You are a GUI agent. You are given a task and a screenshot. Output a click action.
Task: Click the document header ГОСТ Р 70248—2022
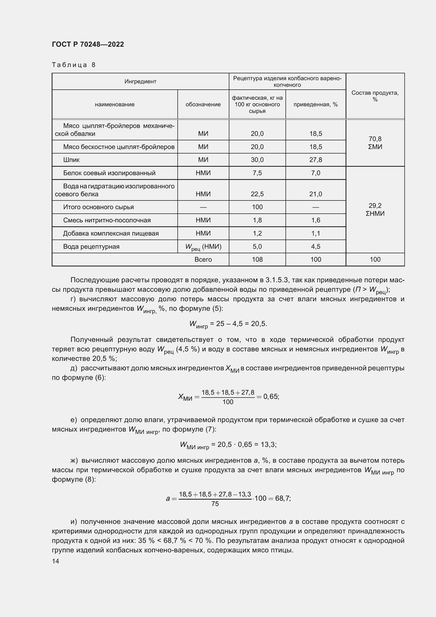pyautogui.click(x=88, y=44)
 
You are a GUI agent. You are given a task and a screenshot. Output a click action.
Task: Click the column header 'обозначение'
pyautogui.click(x=203, y=104)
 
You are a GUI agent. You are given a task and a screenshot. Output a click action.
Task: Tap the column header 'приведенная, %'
pyautogui.click(x=316, y=104)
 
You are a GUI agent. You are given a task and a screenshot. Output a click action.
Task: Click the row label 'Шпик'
pyautogui.click(x=71, y=160)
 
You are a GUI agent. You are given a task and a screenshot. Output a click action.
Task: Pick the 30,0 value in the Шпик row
pyautogui.click(x=257, y=160)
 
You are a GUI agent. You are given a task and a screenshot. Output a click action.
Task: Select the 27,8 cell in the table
pyautogui.click(x=316, y=160)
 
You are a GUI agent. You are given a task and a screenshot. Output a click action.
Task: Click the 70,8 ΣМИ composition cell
pyautogui.click(x=375, y=143)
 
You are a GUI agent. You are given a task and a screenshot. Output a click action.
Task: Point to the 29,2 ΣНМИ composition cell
pyautogui.click(x=375, y=209)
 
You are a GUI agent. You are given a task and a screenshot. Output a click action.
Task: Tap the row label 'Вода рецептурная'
pyautogui.click(x=91, y=246)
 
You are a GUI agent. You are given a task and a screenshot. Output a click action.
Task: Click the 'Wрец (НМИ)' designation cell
pyautogui.click(x=203, y=247)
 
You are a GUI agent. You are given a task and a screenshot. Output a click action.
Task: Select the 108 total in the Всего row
pyautogui.click(x=257, y=259)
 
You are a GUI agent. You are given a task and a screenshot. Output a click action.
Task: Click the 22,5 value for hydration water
pyautogui.click(x=257, y=194)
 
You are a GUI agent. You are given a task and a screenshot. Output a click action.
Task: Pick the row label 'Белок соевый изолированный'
pyautogui.click(x=109, y=173)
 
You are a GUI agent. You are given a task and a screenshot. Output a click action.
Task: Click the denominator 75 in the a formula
pyautogui.click(x=215, y=504)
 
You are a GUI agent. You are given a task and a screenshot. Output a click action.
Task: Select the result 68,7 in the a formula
pyautogui.click(x=282, y=498)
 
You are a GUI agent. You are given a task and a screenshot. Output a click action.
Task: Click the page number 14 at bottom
pyautogui.click(x=56, y=561)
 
